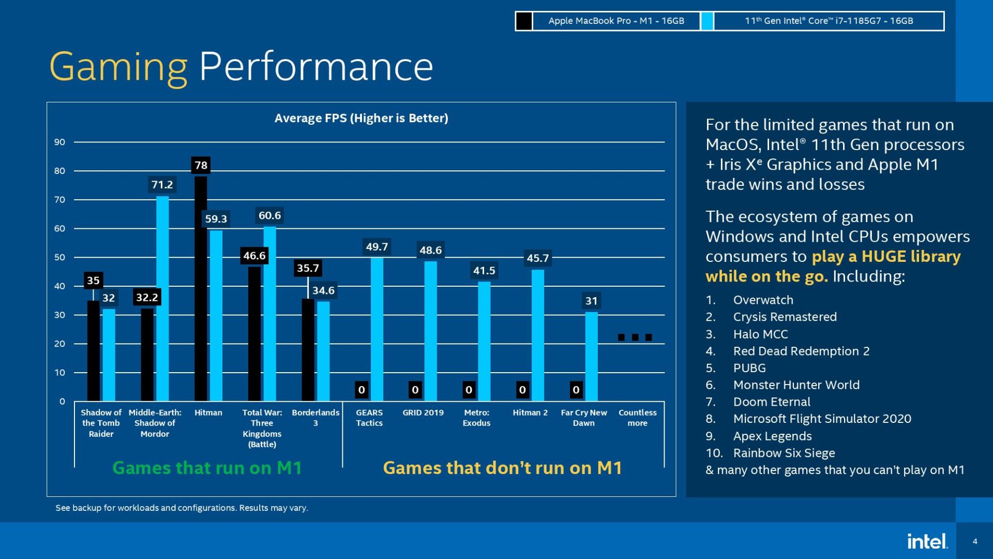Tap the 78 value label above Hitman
201,166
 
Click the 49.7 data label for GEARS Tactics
377,247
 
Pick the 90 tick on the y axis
60,142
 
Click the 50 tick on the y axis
60,258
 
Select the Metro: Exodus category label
476,418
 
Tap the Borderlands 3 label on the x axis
315,418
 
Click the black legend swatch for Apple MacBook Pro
524,21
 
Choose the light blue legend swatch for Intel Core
707,21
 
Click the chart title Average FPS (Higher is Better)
361,119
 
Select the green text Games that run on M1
207,468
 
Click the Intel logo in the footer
927,541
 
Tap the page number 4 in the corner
975,541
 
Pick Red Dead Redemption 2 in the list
801,351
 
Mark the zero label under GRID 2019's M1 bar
415,390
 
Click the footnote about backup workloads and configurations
182,508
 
